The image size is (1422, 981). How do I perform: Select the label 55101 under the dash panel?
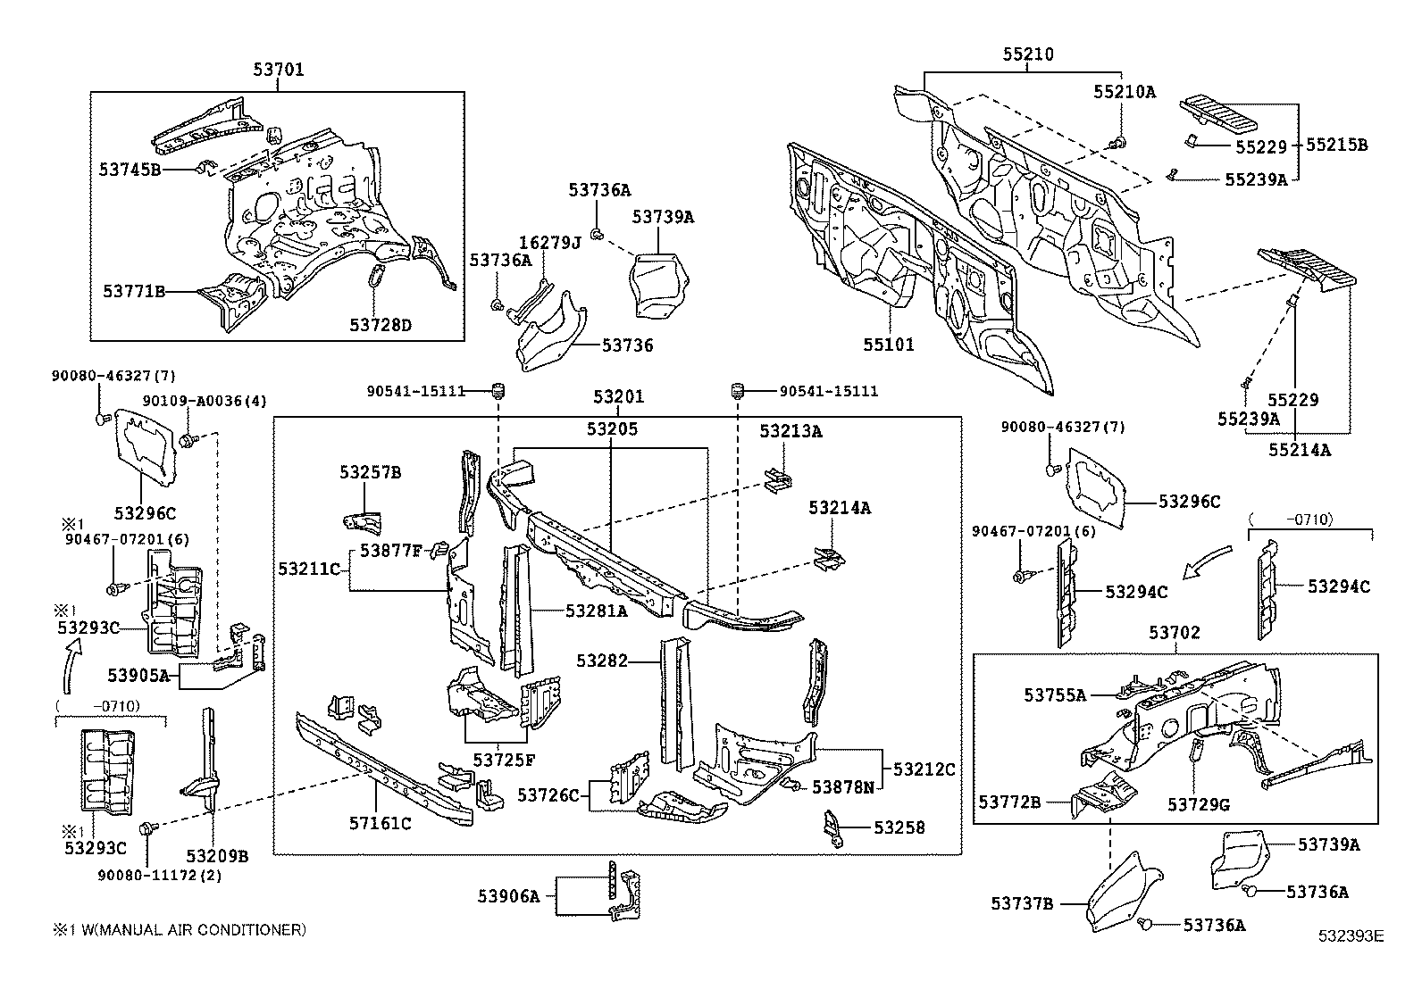pyautogui.click(x=888, y=344)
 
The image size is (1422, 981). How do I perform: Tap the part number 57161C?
pyautogui.click(x=381, y=824)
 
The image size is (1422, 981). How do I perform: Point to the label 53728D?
pyautogui.click(x=381, y=325)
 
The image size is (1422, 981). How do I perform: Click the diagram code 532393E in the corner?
pyautogui.click(x=1351, y=935)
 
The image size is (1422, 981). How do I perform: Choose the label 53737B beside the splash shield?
pyautogui.click(x=1022, y=904)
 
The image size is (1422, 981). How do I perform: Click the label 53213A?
pyautogui.click(x=790, y=431)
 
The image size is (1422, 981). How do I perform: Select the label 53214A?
pyautogui.click(x=840, y=508)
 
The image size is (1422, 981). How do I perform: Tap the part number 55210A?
pyautogui.click(x=1125, y=91)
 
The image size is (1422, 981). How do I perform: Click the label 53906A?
pyautogui.click(x=510, y=897)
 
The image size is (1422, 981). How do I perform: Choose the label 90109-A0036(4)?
pyautogui.click(x=205, y=402)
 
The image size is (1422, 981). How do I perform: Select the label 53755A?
pyautogui.click(x=1055, y=695)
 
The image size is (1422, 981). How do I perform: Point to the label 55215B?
pyautogui.click(x=1336, y=145)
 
